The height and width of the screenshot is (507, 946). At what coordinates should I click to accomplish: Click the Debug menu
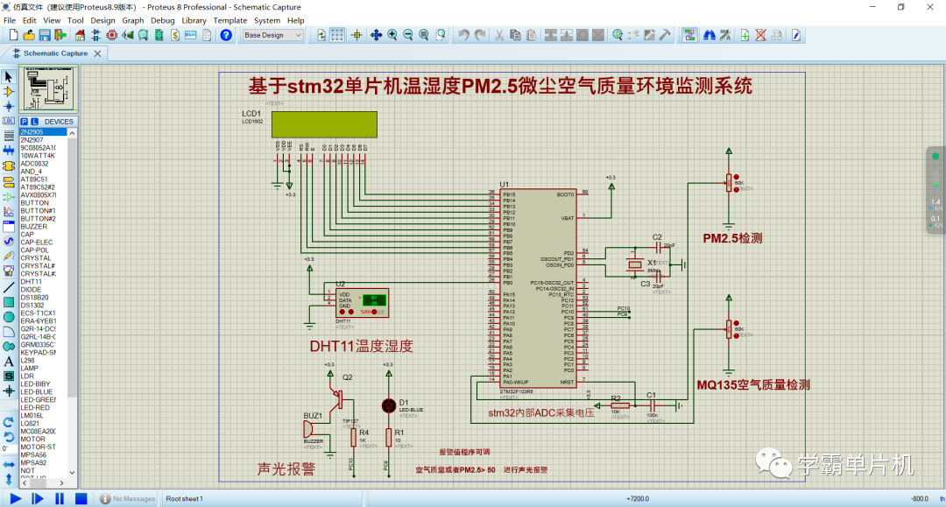pyautogui.click(x=162, y=20)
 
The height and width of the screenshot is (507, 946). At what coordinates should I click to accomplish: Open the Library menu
pyautogui.click(x=194, y=20)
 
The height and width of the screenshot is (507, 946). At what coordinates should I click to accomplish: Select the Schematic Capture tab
pyautogui.click(x=54, y=53)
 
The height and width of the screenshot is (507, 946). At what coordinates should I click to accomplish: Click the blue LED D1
pyautogui.click(x=389, y=405)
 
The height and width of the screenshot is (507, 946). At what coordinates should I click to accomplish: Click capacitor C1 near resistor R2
pyautogui.click(x=651, y=405)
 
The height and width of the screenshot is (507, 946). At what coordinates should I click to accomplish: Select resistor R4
pyautogui.click(x=353, y=435)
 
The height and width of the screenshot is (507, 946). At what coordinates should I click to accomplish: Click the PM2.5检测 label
pyautogui.click(x=732, y=238)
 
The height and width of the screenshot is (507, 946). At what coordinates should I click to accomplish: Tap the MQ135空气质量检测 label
pyautogui.click(x=752, y=384)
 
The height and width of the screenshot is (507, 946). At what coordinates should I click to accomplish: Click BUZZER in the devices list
pyautogui.click(x=34, y=227)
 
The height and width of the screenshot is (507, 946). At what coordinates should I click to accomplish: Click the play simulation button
pyautogui.click(x=15, y=498)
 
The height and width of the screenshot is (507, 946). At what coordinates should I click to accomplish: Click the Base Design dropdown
pyautogui.click(x=272, y=35)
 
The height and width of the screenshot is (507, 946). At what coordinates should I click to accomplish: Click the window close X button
pyautogui.click(x=928, y=7)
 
